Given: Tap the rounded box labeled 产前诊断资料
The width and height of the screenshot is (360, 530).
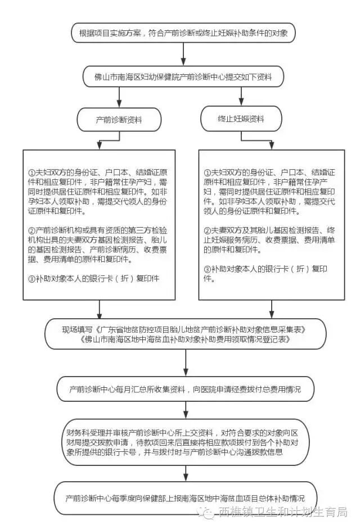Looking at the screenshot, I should (119, 120).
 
